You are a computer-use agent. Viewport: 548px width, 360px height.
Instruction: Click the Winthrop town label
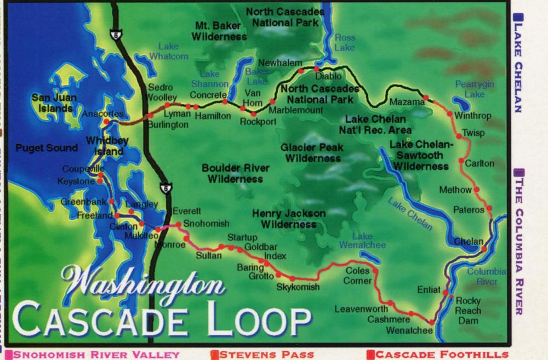(x=473, y=116)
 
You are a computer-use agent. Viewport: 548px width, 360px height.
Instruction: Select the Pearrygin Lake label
(x=470, y=89)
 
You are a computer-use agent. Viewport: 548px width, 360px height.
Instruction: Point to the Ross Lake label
(x=345, y=43)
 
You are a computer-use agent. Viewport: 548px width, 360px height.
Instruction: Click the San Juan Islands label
(x=53, y=103)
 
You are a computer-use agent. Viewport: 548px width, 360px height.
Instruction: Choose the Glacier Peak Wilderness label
(x=312, y=153)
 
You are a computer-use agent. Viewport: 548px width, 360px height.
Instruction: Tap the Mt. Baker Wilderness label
(x=221, y=31)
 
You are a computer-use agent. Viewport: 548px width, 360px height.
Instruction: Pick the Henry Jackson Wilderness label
(x=289, y=219)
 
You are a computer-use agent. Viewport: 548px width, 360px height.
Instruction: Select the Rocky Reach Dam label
(x=468, y=311)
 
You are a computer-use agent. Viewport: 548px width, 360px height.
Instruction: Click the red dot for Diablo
(x=316, y=69)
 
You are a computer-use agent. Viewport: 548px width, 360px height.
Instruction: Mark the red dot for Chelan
(x=484, y=249)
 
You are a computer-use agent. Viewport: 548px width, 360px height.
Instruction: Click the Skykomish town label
(x=298, y=287)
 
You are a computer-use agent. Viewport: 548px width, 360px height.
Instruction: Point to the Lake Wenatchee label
(x=362, y=241)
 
